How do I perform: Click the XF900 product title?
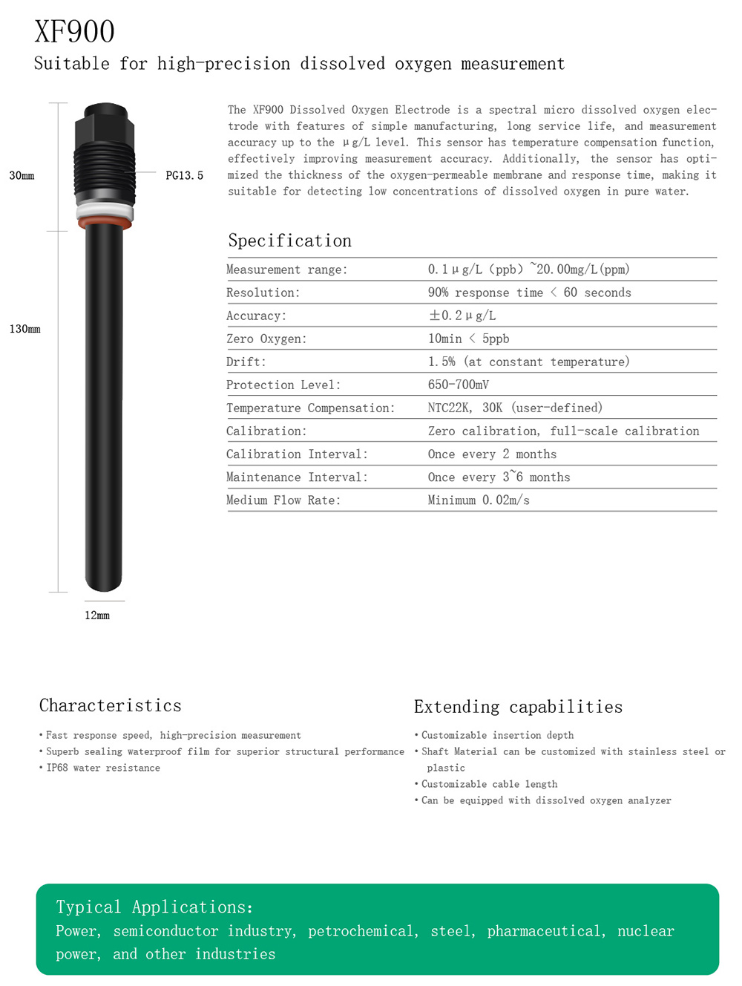[x=75, y=32]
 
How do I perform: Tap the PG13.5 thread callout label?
[x=184, y=176]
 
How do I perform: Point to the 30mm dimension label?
[x=22, y=176]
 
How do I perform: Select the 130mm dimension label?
[x=24, y=329]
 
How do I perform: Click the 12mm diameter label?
[x=97, y=616]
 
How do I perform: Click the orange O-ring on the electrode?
[x=105, y=223]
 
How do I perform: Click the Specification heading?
[x=289, y=241]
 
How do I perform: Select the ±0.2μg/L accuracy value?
[x=462, y=316]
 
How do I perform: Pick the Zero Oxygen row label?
[x=266, y=339]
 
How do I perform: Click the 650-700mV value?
[x=458, y=385]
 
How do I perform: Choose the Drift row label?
[x=246, y=362]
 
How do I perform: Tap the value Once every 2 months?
[x=492, y=454]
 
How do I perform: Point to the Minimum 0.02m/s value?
[x=479, y=500]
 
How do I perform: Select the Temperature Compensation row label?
[x=310, y=408]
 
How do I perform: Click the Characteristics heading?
[x=111, y=705]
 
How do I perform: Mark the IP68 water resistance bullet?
[x=103, y=768]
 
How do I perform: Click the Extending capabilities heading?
[x=518, y=707]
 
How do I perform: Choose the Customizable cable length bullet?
[x=489, y=784]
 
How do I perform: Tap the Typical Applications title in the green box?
[x=154, y=907]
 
